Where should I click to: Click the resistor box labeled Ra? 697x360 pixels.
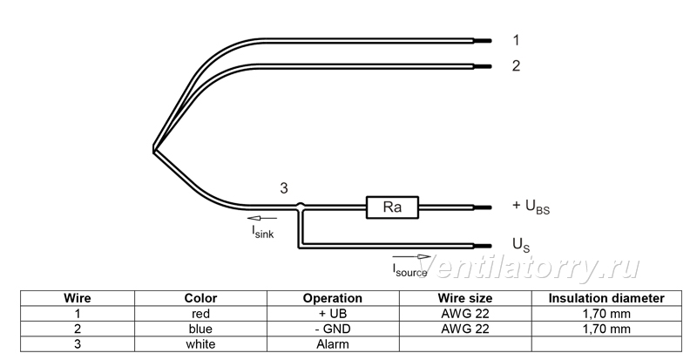click(392, 207)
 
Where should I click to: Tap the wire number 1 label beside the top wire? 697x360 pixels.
click(516, 40)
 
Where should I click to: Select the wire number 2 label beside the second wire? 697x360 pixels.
click(516, 66)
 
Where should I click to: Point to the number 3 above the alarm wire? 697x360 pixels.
click(284, 188)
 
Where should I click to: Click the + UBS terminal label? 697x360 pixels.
click(531, 206)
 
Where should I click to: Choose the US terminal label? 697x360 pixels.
click(521, 245)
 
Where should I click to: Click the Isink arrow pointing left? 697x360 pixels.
click(262, 218)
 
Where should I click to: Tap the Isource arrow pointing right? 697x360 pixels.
click(411, 257)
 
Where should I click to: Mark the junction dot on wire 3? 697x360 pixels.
click(301, 206)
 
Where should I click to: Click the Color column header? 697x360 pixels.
click(200, 298)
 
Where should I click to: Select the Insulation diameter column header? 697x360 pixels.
click(606, 298)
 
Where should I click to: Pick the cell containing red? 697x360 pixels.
click(200, 314)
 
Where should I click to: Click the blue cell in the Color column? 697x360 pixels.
click(200, 329)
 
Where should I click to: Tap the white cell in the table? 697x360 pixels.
click(200, 344)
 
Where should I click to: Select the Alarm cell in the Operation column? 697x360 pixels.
click(333, 344)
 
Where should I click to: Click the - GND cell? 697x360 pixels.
click(333, 329)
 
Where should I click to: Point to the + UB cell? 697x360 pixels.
click(333, 314)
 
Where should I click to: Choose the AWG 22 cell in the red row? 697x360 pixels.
click(465, 314)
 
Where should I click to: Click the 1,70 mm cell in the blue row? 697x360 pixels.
click(606, 329)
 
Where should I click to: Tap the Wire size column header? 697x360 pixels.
click(465, 298)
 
